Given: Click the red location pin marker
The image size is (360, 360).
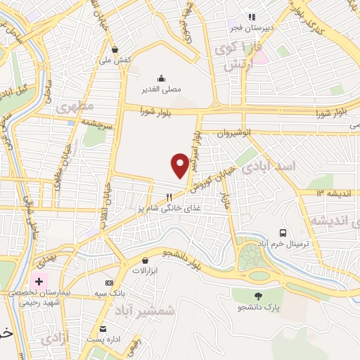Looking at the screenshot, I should (180, 165).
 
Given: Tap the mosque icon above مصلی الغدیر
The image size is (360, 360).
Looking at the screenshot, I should (162, 78).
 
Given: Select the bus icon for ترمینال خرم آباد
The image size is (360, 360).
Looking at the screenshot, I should (283, 232).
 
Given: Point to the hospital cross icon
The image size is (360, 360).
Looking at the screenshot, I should (39, 282).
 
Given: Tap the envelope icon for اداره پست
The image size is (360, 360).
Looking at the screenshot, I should (103, 329).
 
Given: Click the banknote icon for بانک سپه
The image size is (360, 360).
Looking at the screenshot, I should (108, 282).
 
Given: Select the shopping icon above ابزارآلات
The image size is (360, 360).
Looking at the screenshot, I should (146, 260).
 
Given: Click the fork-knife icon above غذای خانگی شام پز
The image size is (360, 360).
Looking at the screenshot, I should (169, 198).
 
